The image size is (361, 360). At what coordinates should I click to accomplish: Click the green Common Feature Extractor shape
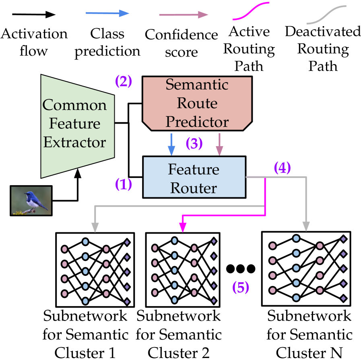tap(76, 125)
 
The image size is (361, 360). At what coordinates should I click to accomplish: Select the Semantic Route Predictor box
tap(197, 103)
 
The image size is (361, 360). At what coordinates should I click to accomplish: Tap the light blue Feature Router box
tap(194, 177)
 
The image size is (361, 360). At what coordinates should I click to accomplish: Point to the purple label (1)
tap(124, 184)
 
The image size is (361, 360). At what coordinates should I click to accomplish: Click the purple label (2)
tap(124, 81)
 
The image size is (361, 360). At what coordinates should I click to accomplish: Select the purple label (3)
tap(194, 144)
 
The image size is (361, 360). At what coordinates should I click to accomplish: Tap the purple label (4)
tap(282, 168)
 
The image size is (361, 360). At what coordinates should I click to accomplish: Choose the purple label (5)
tap(241, 288)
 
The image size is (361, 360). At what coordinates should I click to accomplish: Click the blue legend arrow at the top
tap(107, 14)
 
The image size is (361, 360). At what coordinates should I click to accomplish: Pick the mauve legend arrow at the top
tap(184, 15)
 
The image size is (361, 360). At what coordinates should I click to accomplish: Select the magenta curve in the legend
tap(251, 11)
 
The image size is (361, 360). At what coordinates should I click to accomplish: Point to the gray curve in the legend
tap(326, 15)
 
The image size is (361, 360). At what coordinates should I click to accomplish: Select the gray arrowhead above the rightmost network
tap(306, 227)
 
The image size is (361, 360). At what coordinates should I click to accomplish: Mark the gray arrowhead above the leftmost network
tap(95, 228)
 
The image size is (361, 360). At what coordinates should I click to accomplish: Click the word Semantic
tap(197, 85)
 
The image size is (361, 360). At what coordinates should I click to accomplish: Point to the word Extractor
tap(75, 143)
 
